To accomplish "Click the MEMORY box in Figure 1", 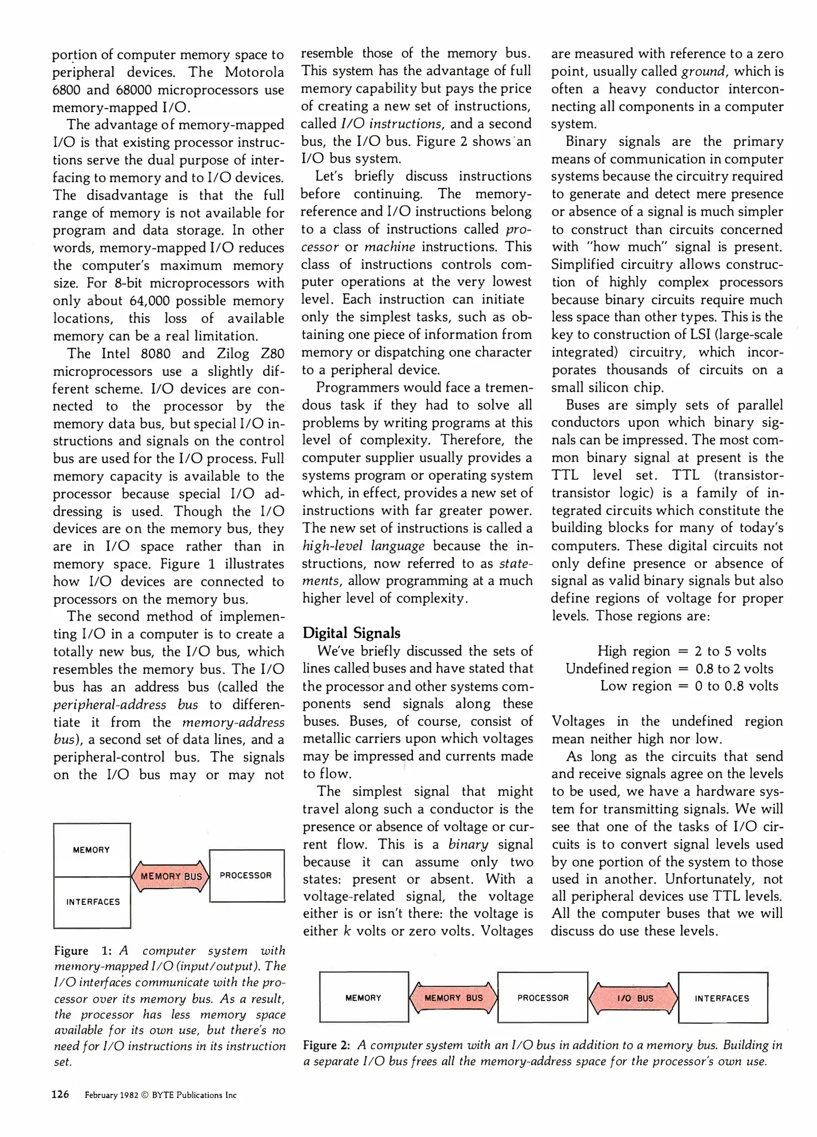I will pyautogui.click(x=92, y=850).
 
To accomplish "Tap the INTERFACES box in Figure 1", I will pyautogui.click(x=93, y=902).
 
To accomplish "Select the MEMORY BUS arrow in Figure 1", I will pyautogui.click(x=171, y=876).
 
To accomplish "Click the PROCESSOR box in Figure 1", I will pyautogui.click(x=246, y=875).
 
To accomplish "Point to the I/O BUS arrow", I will pyautogui.click(x=634, y=998).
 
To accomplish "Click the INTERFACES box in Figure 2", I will pyautogui.click(x=722, y=998).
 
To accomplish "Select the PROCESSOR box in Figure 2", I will pyautogui.click(x=542, y=998).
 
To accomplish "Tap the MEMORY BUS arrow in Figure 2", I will pyautogui.click(x=453, y=998).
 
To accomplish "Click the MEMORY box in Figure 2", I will pyautogui.click(x=364, y=998).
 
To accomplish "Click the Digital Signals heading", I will pyautogui.click(x=351, y=633).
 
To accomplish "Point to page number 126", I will pyautogui.click(x=60, y=1094).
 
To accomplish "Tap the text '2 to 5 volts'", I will pyautogui.click(x=730, y=651).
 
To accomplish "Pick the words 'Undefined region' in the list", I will pyautogui.click(x=618, y=669).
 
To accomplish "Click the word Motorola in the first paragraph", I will pyautogui.click(x=255, y=72).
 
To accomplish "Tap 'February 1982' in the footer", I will pyautogui.click(x=111, y=1095).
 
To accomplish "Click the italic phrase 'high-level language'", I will pyautogui.click(x=363, y=545).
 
